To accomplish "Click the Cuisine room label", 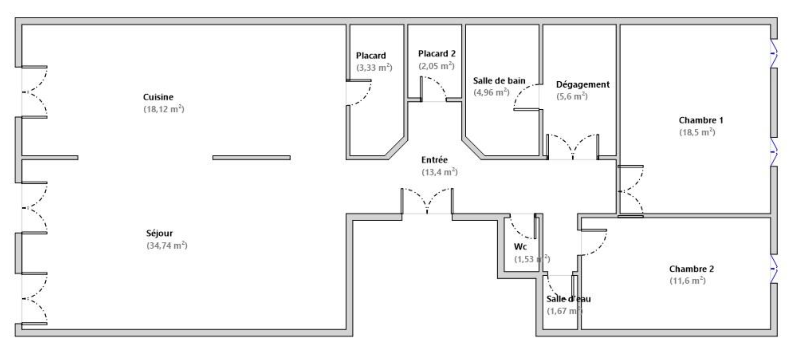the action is tap(158, 97).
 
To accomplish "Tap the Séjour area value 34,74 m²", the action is tap(167, 245).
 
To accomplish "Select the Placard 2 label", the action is tap(437, 54).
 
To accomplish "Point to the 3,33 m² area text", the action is tap(374, 68).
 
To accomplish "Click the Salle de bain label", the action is tap(499, 81).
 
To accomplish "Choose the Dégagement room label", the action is tap(583, 84).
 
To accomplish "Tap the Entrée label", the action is tap(434, 160).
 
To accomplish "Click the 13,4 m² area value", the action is tap(440, 172).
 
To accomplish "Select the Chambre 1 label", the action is tap(701, 120).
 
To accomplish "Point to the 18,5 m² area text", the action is tap(697, 132).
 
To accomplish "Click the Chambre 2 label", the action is tap(692, 269).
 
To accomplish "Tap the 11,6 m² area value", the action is tap(687, 281).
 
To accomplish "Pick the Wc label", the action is tap(520, 247).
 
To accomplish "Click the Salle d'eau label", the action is tap(568, 299).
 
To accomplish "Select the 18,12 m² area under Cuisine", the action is tap(164, 109).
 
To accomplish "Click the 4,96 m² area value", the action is tap(491, 92).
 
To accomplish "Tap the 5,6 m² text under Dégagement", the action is tap(572, 96).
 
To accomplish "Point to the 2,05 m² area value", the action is tap(436, 66).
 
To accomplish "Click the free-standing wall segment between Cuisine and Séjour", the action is tap(252, 158).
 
